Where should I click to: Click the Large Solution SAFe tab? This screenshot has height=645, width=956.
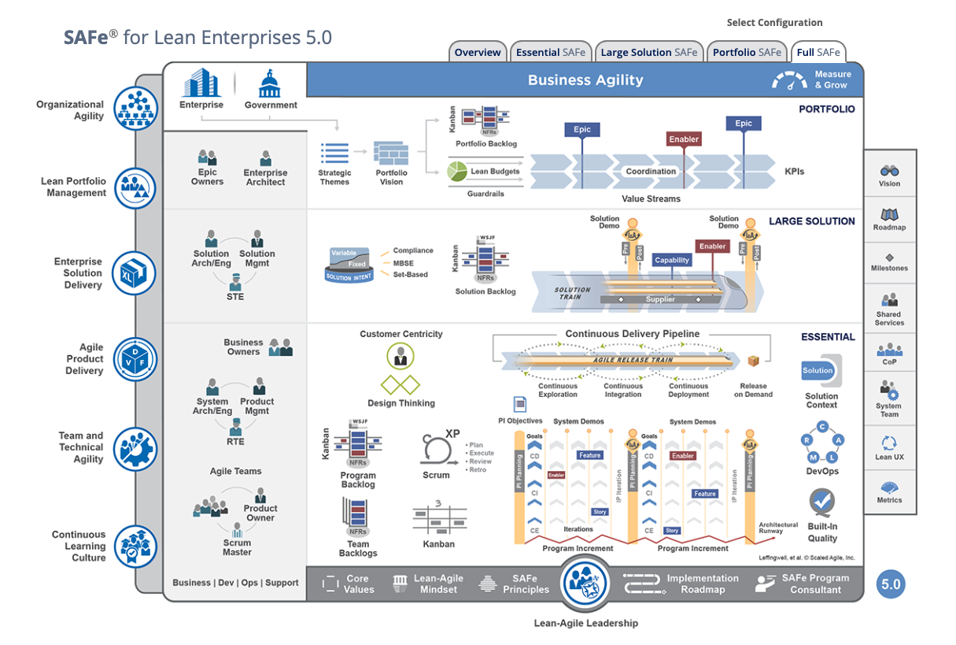pos(649,53)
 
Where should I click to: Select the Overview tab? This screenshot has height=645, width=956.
pos(478,53)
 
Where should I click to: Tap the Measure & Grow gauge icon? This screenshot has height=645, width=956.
pos(789,80)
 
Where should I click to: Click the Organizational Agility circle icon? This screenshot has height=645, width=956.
pos(135,108)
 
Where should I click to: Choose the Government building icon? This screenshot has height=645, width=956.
pos(270,83)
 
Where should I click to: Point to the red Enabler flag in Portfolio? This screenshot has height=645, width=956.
pos(684,139)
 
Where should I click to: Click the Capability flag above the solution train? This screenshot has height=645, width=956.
pos(672,260)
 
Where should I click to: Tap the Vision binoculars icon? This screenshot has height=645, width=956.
pos(889,171)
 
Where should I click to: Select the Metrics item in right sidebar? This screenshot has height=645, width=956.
pos(889,491)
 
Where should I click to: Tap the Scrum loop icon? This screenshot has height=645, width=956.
pos(436,449)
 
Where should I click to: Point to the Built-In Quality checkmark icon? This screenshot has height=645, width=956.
pos(822,501)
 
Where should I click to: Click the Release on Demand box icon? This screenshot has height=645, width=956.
pos(753,361)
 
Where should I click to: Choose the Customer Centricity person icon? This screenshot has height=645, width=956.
pos(400,356)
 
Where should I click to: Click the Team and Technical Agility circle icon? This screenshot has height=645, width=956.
pos(135,447)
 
